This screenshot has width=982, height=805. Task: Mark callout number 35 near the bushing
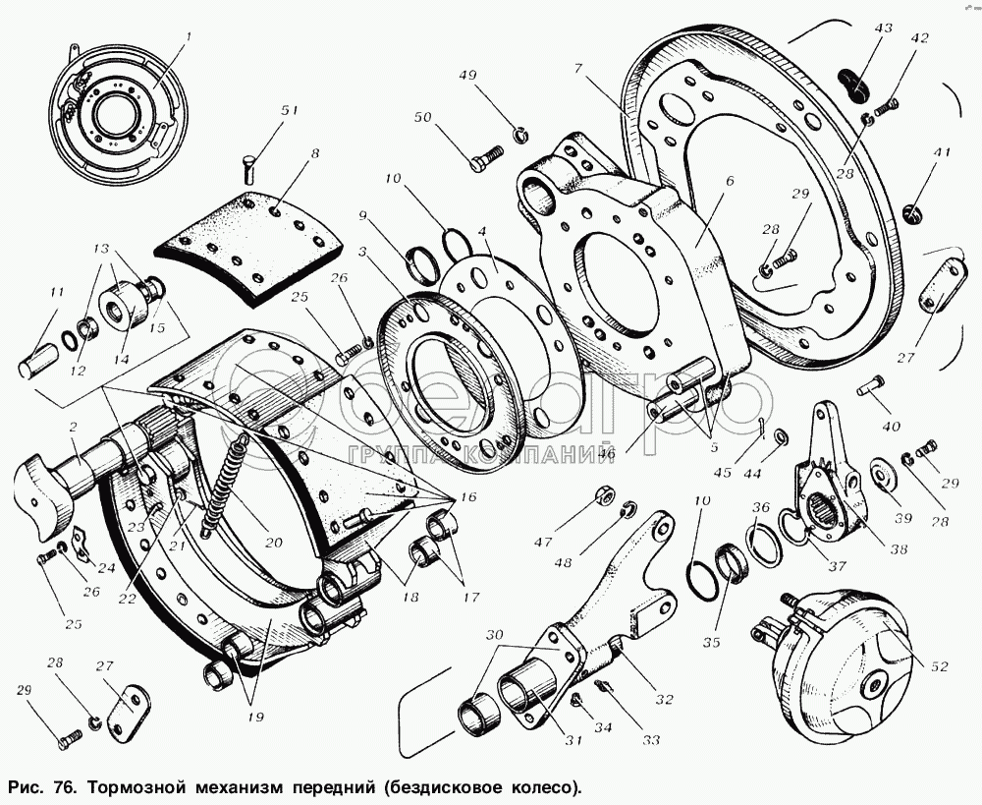pos(710,643)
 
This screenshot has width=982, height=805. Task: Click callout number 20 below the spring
pos(272,542)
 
